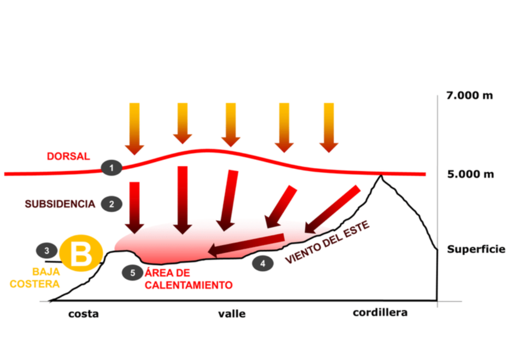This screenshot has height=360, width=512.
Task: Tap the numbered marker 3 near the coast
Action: (46, 249)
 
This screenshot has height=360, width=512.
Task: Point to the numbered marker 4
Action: (262, 263)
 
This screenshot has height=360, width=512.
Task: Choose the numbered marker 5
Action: (132, 272)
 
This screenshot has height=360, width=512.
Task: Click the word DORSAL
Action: (68, 156)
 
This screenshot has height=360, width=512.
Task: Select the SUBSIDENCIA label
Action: (60, 204)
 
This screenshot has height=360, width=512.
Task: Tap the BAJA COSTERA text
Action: (46, 277)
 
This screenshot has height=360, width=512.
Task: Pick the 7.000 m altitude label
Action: (469, 95)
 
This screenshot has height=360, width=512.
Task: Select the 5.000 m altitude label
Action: (470, 174)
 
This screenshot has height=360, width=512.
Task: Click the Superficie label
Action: (476, 249)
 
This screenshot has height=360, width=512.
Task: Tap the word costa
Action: (83, 314)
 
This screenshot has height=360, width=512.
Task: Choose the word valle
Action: (232, 314)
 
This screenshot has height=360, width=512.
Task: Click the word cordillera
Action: (380, 313)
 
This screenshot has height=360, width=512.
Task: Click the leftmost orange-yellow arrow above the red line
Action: (134, 128)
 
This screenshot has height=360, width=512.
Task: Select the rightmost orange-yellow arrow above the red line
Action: (328, 127)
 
